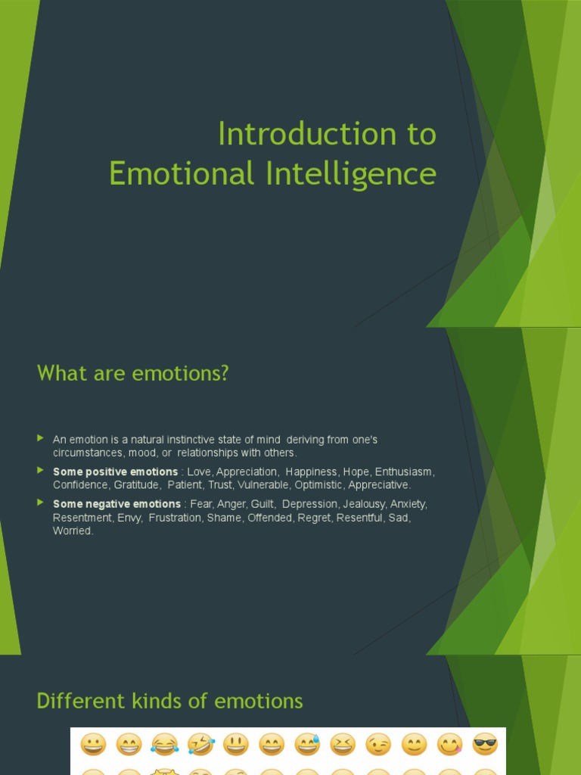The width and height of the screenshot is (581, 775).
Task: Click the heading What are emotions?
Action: [132, 373]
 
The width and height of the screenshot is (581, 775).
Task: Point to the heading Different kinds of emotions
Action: [169, 701]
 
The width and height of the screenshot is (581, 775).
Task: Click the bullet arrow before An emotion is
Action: [41, 438]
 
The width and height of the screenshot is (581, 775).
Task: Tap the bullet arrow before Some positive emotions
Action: [41, 471]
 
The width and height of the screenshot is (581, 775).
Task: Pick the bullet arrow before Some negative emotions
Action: [41, 503]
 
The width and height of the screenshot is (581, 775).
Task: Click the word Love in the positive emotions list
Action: [199, 472]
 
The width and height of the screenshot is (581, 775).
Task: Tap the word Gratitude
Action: [136, 484]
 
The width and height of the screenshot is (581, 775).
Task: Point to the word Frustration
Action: [175, 517]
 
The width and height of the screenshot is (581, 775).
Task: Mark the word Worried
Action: [73, 531]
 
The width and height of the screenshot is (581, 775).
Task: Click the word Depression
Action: [309, 504]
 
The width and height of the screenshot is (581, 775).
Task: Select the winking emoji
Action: [378, 745]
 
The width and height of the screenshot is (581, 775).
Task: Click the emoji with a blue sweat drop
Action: [306, 745]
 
